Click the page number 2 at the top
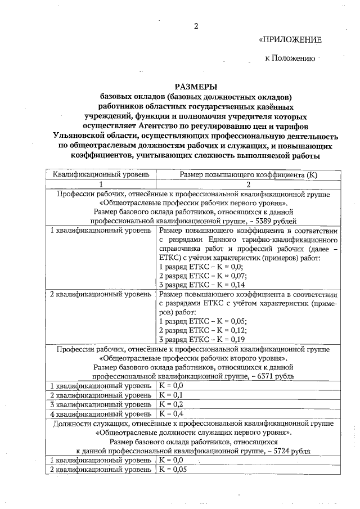point(196,26)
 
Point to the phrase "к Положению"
point(290,58)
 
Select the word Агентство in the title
point(167,125)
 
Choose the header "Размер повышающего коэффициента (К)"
point(247,174)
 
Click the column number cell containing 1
point(101,184)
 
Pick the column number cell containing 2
point(247,184)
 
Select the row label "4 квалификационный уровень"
point(101,413)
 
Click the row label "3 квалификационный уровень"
point(101,404)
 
